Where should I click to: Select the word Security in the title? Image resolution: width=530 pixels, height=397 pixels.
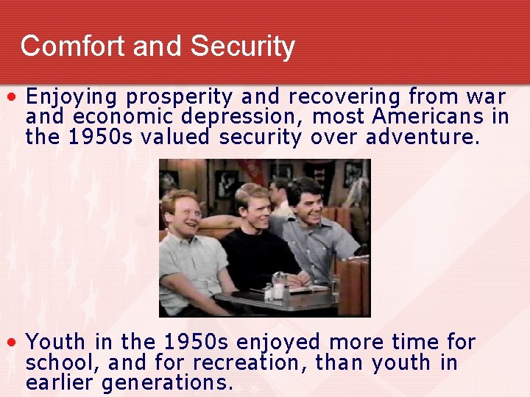(242, 46)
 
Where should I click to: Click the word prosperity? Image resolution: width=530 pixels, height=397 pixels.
(180, 97)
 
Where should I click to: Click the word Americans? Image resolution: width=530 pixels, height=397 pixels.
(428, 117)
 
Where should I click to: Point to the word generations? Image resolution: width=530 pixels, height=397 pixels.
(167, 382)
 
